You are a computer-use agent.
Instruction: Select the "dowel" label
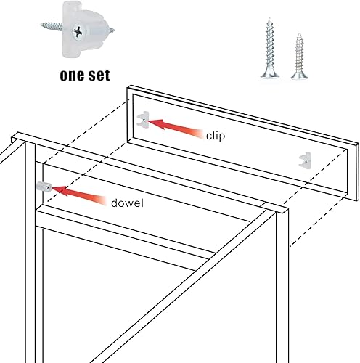(x=128, y=203)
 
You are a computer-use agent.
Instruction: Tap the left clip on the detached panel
(x=144, y=118)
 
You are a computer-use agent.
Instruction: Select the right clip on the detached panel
(x=304, y=158)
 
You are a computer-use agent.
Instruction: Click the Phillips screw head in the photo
(x=75, y=33)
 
